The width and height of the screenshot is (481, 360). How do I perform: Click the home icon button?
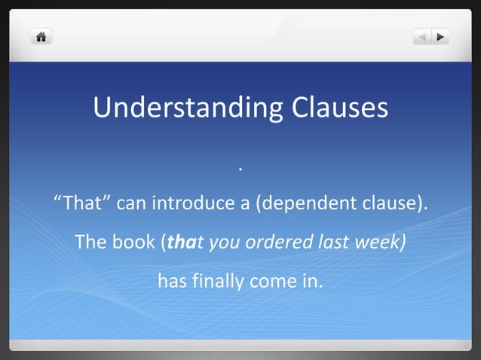[40, 36]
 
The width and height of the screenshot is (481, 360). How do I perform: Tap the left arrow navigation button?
[422, 36]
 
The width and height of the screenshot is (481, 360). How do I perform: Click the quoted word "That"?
[82, 204]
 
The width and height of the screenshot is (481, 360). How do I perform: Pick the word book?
[134, 243]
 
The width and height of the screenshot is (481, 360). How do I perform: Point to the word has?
[170, 282]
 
